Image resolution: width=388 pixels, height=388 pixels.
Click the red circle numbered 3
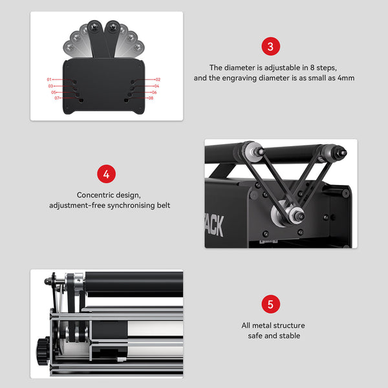point(271,47)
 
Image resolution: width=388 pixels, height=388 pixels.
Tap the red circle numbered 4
point(107,174)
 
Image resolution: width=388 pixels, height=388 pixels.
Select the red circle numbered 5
point(271,304)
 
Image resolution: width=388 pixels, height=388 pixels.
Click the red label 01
point(49,80)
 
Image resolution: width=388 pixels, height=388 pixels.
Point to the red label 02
point(158,80)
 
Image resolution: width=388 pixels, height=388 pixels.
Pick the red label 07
point(57,98)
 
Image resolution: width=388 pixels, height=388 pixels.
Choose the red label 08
point(151,98)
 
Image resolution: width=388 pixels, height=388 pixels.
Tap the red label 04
point(156,86)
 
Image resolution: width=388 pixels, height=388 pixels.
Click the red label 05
point(54,92)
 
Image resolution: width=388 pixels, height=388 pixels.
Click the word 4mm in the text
point(346,78)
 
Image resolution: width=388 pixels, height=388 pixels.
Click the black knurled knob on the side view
point(43,351)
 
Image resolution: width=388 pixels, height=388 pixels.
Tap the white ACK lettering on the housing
point(214,226)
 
